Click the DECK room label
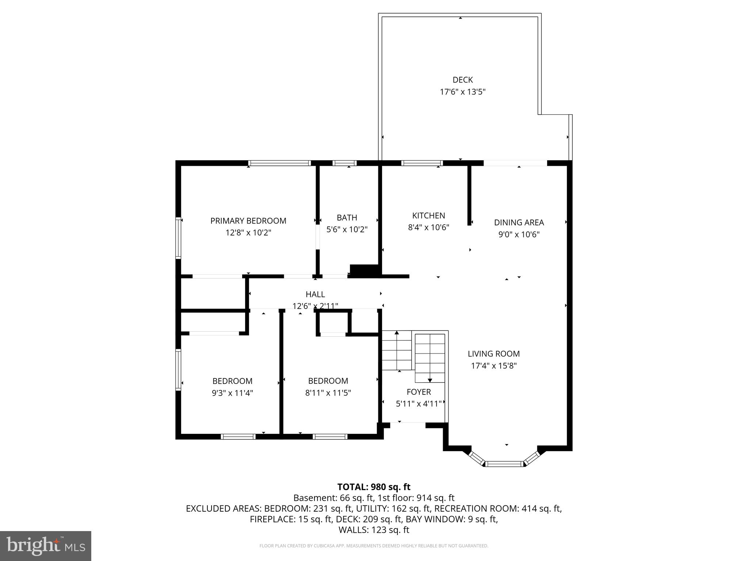point(462,80)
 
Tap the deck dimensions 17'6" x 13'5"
point(462,92)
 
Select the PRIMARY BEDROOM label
point(248,221)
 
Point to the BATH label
point(347,218)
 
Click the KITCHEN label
point(428,215)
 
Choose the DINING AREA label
point(519,222)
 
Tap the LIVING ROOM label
point(493,354)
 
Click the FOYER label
point(419,392)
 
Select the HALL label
point(315,294)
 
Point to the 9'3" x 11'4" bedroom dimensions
point(233,393)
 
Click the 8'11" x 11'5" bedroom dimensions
point(328,393)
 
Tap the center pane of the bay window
point(505,464)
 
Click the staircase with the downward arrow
point(430,358)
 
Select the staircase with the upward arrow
point(397,351)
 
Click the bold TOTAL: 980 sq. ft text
point(374,487)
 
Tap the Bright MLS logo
point(45,546)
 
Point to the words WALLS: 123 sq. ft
point(374,530)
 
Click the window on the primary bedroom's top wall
point(279,163)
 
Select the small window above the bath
point(344,163)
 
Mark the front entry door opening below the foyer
point(408,423)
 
